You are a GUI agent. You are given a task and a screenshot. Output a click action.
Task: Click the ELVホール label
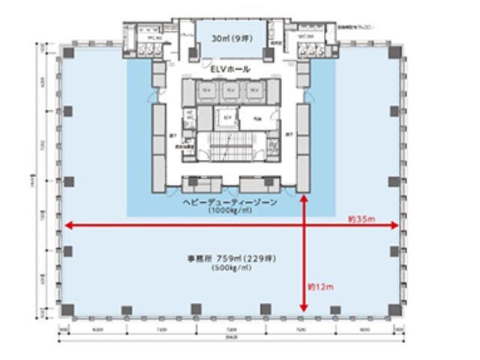pos(230,69)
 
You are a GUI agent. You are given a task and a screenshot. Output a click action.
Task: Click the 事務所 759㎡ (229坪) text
pos(232,259)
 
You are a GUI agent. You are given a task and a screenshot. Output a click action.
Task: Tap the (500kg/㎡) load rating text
pos(232,268)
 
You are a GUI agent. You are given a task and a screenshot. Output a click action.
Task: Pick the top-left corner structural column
pos(67,52)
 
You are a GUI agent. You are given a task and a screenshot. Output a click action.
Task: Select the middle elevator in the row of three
pos(230,90)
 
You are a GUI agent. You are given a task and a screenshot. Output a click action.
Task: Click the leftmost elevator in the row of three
pos(205,90)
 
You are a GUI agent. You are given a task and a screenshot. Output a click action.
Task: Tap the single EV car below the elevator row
pos(226,118)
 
